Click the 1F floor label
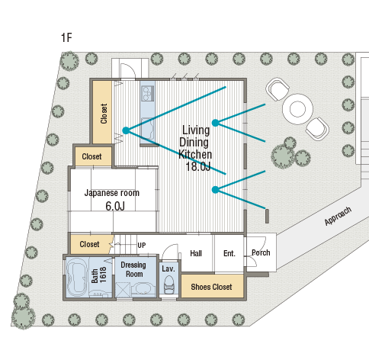pos(66,37)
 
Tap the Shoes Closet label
pos(211,287)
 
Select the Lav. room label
pos(168,268)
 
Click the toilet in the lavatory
pos(168,284)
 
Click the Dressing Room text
pos(133,269)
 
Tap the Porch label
pos(261,252)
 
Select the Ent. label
pos(229,253)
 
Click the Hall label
pos(196,253)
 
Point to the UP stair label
pos(142,246)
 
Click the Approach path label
pos(338,216)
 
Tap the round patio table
pos(297,109)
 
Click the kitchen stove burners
pos(148,93)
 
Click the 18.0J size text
pos(198,167)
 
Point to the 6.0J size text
pos(115,206)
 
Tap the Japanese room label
pos(112,193)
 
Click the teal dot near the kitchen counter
pos(126,130)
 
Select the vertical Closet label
pos(104,114)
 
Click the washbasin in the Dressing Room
pos(143,289)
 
